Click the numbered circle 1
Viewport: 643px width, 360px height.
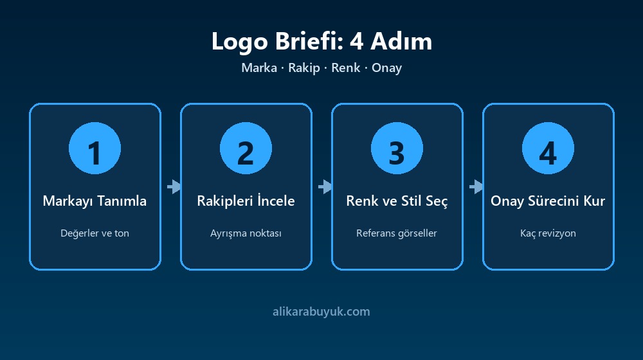95,148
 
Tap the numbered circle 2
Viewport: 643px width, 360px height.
246,148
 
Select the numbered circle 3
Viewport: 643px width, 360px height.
397,148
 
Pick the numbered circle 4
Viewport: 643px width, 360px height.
548,148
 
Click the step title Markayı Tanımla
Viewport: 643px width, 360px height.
95,201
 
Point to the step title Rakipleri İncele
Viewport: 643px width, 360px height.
246,201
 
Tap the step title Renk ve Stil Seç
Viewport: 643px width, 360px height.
397,201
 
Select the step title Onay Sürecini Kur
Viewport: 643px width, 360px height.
548,201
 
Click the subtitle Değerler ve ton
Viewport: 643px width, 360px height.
95,233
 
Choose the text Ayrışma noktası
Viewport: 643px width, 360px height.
246,233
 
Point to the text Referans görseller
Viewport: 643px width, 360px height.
397,233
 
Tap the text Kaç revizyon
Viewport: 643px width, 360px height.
548,233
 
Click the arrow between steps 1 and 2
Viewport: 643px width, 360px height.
174,186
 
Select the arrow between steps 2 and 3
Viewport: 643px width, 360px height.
325,186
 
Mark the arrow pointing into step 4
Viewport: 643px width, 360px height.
476,186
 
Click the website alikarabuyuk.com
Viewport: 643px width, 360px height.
321,312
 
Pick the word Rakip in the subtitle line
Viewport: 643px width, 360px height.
304,67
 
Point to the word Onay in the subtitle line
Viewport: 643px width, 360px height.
386,68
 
